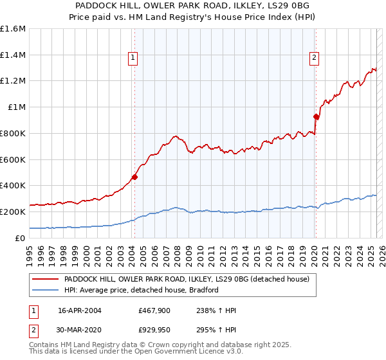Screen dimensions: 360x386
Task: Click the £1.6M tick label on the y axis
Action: [13, 29]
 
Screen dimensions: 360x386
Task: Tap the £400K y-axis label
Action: [13, 186]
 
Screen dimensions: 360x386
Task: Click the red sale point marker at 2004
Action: [135, 177]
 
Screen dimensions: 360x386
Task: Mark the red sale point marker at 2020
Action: [316, 116]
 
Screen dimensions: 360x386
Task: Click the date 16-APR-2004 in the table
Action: [80, 310]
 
